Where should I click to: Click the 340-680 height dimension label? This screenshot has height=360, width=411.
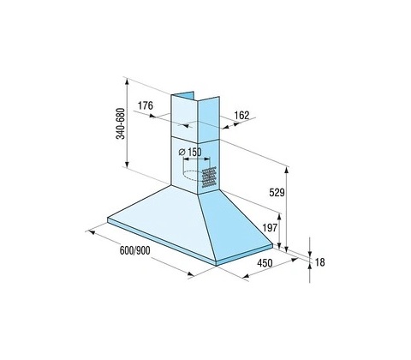(121, 123)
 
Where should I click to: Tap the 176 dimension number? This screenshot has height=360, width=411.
(146, 105)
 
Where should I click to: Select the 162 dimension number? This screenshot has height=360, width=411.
(241, 115)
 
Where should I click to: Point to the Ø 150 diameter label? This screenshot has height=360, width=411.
(190, 152)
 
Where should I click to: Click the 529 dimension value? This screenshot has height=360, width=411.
(277, 193)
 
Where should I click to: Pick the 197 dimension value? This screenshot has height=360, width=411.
(270, 228)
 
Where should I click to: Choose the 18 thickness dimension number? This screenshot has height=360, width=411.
(320, 262)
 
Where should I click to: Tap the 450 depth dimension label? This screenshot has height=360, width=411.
(265, 263)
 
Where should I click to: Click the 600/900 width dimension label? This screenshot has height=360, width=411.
(134, 250)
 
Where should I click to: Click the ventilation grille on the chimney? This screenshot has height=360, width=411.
(209, 177)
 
